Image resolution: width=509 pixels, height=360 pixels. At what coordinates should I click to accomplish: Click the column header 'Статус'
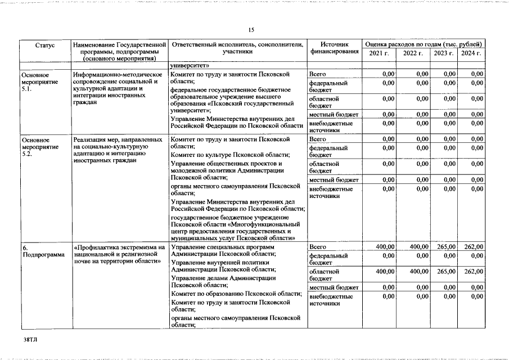tap(44, 44)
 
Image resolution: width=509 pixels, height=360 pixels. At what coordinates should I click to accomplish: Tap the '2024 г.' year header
tap(471, 53)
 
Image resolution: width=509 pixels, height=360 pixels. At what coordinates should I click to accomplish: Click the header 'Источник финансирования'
tap(334, 48)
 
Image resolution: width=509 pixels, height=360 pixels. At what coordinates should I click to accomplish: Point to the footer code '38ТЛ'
tap(30, 341)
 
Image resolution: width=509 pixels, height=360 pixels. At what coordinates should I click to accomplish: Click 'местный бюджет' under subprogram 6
tap(334, 287)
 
